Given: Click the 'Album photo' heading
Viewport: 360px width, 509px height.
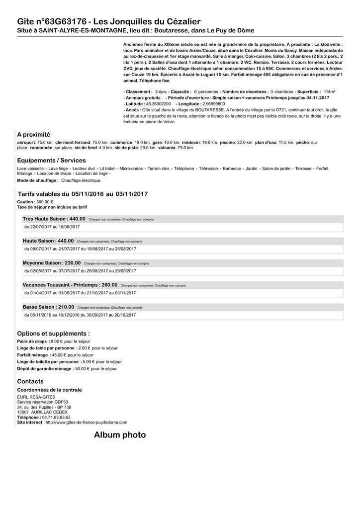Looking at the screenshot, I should (120, 435).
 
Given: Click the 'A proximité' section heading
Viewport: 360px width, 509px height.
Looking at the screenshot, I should (34, 135).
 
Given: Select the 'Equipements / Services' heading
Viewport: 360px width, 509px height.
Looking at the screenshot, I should (51, 161).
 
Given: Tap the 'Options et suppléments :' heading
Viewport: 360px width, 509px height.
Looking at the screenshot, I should (54, 334).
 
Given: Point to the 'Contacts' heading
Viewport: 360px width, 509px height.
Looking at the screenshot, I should (30, 381).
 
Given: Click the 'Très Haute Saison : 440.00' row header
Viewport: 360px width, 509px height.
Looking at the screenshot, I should (54, 219).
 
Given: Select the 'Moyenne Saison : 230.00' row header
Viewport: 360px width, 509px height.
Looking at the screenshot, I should (52, 263).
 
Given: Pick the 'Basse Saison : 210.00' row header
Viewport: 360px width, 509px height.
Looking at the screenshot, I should (48, 307).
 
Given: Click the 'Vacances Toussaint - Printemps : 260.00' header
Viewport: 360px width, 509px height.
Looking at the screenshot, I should (70, 285).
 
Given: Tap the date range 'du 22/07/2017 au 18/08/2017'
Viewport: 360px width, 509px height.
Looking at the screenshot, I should (52, 227).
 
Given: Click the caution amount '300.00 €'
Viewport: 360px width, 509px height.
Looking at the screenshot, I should (44, 202).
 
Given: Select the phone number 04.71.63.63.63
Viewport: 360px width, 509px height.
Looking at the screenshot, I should (56, 418).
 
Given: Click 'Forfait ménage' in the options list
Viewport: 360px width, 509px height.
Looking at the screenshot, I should (33, 355).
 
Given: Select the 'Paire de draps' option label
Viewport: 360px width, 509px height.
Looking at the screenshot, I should (32, 341).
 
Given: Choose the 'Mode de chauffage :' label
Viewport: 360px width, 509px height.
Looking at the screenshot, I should (38, 180).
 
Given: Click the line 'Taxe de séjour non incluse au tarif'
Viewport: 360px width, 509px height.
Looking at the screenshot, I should (52, 207).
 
